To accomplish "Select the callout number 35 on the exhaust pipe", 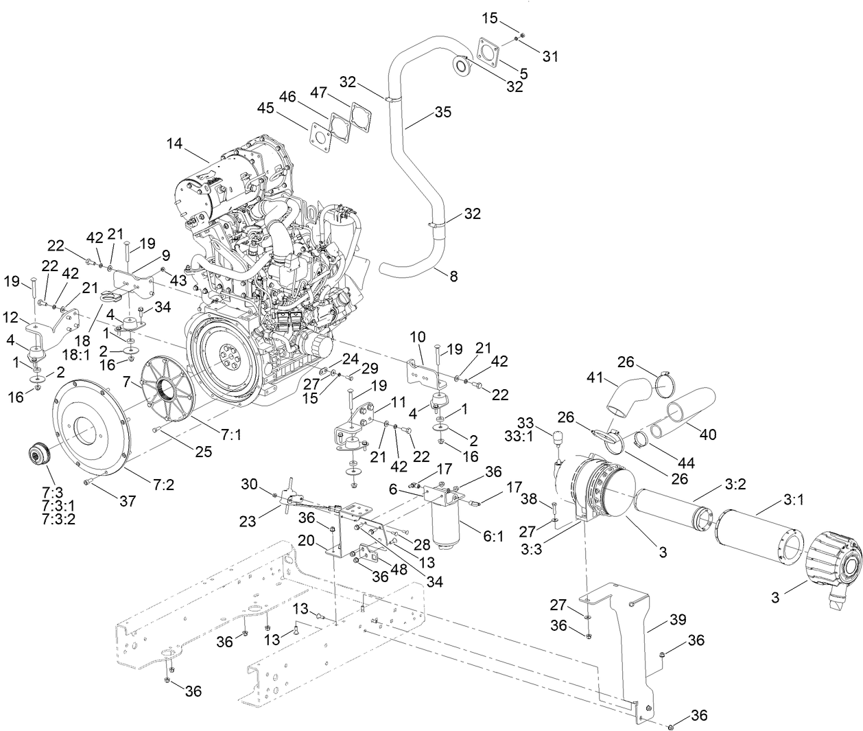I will (443, 112).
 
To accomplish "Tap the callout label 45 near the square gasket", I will (266, 108).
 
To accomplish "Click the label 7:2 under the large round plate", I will (163, 485).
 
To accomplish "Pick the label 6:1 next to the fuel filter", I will (493, 537).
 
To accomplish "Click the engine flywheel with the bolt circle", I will (224, 354).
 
